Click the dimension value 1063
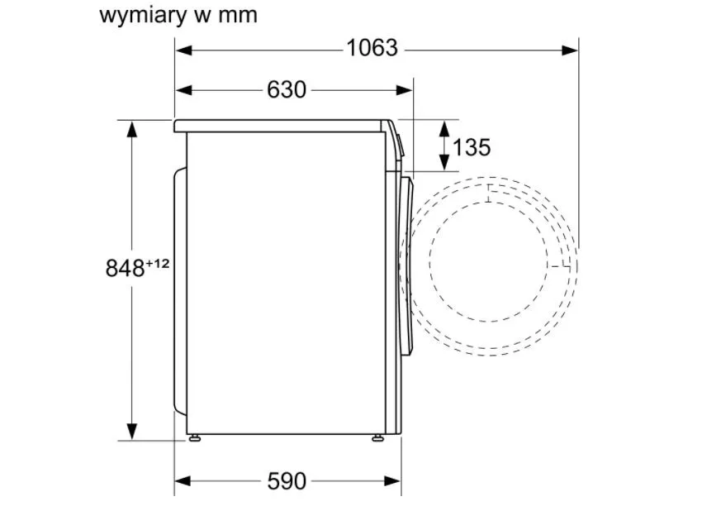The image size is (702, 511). click(x=372, y=48)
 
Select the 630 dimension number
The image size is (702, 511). click(x=287, y=89)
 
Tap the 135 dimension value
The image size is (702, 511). click(x=472, y=147)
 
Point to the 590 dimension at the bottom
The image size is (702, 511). click(x=287, y=481)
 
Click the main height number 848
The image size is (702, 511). click(x=125, y=269)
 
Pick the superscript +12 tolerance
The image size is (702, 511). click(x=158, y=263)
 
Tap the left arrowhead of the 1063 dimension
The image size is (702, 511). click(x=183, y=50)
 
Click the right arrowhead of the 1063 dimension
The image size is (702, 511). click(x=570, y=50)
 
